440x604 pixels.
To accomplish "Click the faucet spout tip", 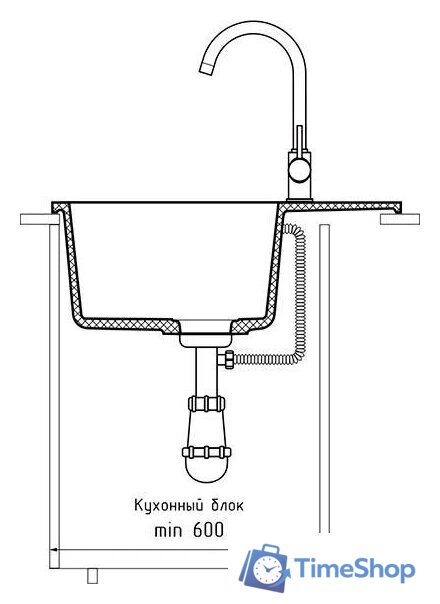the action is tap(206, 68).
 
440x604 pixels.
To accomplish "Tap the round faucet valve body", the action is tap(300, 171).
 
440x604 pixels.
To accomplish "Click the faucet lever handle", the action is tap(300, 140).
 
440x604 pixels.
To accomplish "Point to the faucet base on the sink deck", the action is tap(300, 200).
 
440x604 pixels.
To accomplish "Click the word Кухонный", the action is tap(169, 505).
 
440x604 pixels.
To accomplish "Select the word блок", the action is tap(227, 505).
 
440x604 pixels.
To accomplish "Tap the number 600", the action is tap(208, 530).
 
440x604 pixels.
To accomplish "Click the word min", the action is tap(168, 531).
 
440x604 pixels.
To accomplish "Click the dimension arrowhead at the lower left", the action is tap(54, 550).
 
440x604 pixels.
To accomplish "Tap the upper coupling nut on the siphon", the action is tap(207, 403).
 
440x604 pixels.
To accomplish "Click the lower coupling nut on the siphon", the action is tap(207, 451).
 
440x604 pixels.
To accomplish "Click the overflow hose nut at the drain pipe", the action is tap(226, 359).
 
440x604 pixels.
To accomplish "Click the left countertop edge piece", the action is tap(39, 219).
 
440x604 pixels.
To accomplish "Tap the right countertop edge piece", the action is tap(400, 219).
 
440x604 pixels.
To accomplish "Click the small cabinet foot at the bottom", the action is tap(92, 576).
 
